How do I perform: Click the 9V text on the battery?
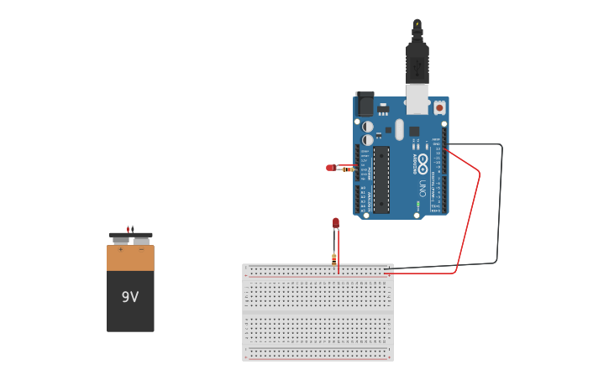(129, 297)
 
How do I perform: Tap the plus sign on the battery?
(120, 249)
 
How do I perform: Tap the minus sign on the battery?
(141, 249)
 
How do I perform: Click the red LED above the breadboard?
(336, 222)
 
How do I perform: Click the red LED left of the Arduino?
(330, 168)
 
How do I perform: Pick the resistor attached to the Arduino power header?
(348, 169)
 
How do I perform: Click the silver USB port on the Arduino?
(417, 98)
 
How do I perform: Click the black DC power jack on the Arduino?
(365, 104)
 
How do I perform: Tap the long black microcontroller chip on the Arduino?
(381, 180)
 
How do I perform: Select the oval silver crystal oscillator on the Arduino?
(400, 129)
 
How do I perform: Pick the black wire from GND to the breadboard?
(499, 210)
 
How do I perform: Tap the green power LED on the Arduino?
(417, 204)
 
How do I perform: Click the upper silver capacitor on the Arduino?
(368, 127)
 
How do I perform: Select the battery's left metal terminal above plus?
(121, 240)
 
